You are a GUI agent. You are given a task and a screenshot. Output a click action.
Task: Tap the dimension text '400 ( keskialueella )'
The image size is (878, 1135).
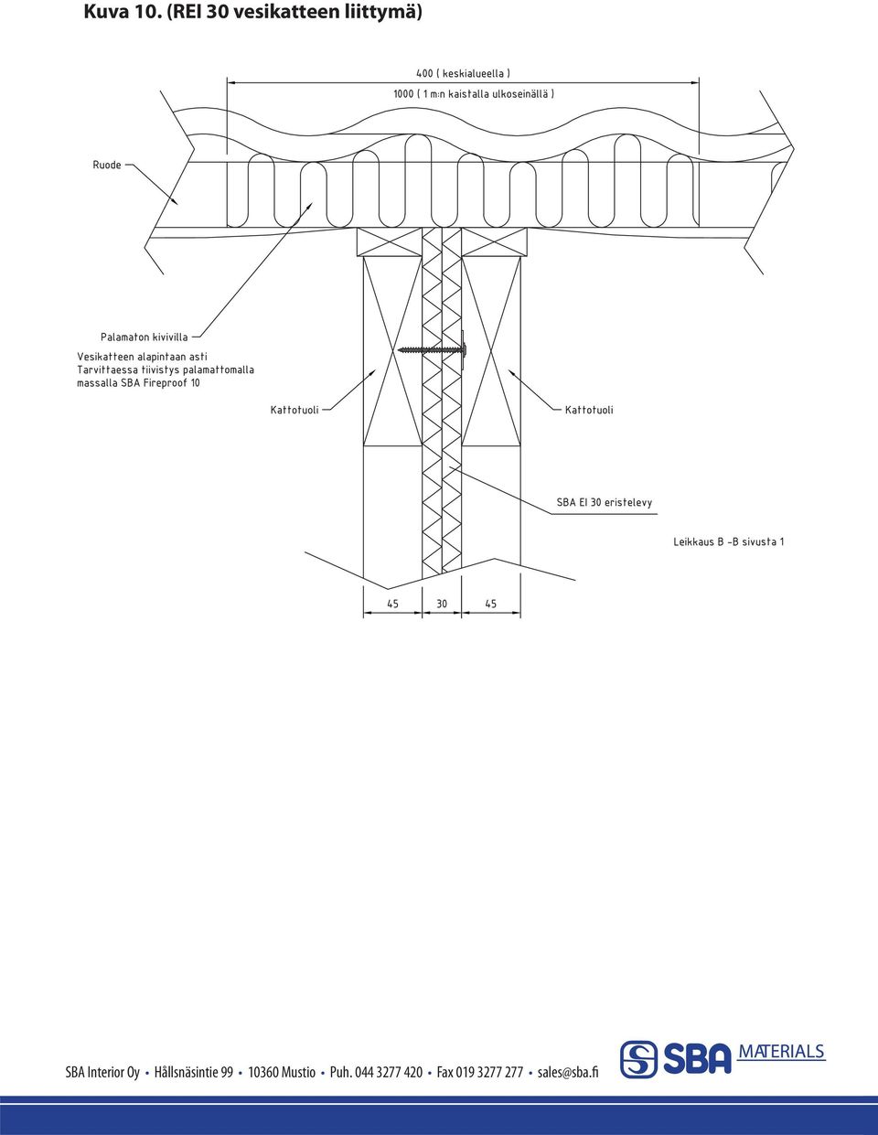pos(464,73)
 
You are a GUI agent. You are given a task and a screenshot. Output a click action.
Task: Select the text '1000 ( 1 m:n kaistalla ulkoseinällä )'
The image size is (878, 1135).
pos(474,94)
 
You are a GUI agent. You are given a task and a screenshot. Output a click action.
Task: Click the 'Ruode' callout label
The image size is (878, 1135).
pos(107,165)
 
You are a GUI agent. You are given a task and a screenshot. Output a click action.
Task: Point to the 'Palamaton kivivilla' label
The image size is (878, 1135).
pos(145,337)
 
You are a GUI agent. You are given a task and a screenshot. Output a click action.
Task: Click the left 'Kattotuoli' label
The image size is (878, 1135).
pos(294,410)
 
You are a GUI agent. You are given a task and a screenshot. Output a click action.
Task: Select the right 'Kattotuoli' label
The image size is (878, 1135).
pos(589,410)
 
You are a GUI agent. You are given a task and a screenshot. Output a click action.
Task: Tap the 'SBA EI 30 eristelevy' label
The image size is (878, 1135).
pos(605,502)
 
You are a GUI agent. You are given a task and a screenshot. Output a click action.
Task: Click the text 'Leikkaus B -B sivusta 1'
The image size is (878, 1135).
pos(729,541)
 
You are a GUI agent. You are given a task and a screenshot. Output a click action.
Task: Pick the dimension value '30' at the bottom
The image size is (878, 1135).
pos(442,604)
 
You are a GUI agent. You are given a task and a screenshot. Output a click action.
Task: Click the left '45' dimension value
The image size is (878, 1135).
pos(392,604)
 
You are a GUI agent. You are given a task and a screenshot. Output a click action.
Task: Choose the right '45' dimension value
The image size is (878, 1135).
pos(491,604)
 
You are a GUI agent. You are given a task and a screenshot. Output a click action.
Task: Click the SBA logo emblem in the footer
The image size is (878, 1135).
pos(638,1060)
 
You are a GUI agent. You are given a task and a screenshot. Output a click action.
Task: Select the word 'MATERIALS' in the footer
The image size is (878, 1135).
pos(781,1052)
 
